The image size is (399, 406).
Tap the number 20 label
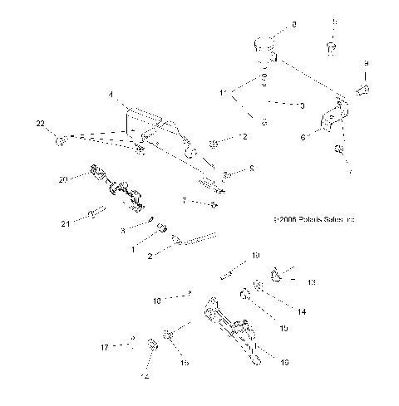tap(63, 179)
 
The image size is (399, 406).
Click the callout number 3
tap(122, 230)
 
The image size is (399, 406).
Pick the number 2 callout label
tap(149, 257)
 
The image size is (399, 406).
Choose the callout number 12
tap(243, 136)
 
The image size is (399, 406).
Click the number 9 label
tap(366, 63)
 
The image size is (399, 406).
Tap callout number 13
tap(312, 283)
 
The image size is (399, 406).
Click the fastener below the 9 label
tap(363, 89)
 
